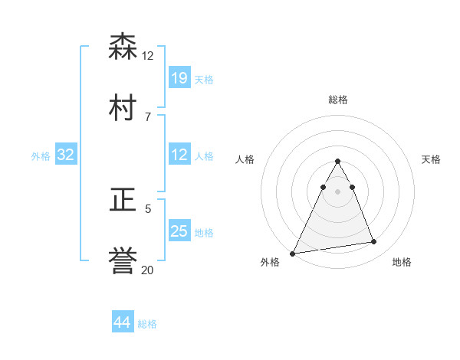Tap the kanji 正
click(x=124, y=201)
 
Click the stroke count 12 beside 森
click(x=148, y=56)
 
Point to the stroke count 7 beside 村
click(x=148, y=116)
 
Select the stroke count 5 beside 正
click(x=148, y=208)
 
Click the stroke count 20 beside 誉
click(x=148, y=270)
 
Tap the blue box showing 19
click(x=179, y=78)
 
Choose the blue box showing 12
click(x=179, y=155)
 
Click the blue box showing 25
click(x=179, y=231)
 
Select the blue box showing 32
click(x=66, y=155)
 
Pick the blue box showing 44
click(x=123, y=323)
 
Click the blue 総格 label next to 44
click(x=147, y=324)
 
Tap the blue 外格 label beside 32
click(x=41, y=155)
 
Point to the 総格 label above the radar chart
click(x=338, y=100)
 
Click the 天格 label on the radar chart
click(x=432, y=159)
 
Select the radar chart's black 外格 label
click(x=270, y=263)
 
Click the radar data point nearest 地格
click(x=374, y=242)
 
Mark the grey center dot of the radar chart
click(x=338, y=191)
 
